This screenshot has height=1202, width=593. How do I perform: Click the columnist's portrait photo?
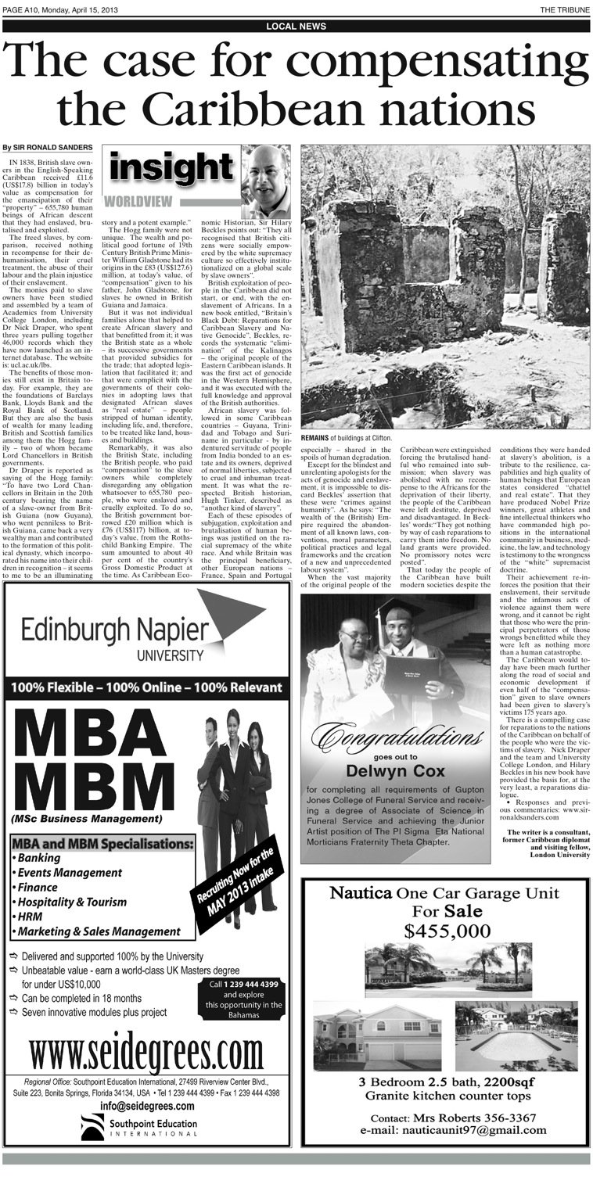tap(265, 181)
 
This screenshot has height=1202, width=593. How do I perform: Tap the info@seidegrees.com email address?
tap(147, 1106)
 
